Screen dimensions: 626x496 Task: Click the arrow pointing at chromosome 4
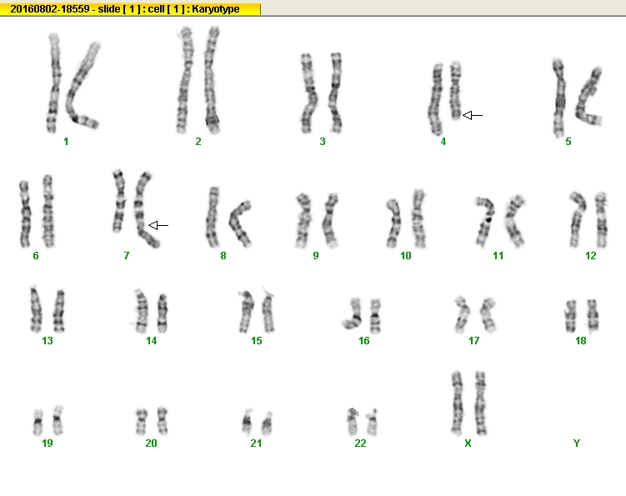pos(473,115)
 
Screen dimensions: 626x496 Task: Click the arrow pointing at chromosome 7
pos(158,226)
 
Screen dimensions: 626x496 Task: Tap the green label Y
pos(577,443)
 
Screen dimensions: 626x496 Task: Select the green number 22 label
pos(360,443)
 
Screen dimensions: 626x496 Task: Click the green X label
pos(468,443)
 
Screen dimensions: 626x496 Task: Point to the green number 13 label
pos(48,341)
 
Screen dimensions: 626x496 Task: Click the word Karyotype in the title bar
pos(216,9)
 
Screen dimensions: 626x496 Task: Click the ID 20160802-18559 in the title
pos(50,9)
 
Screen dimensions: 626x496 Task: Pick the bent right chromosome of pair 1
pos(81,86)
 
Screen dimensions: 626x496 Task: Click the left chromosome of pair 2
pos(184,80)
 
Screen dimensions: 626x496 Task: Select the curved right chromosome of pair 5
pos(588,97)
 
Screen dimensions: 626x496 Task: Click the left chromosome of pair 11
pos(485,221)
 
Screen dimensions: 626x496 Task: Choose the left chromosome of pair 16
pos(353,314)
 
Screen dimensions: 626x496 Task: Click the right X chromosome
pos(480,403)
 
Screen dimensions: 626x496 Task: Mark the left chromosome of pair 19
pos(38,422)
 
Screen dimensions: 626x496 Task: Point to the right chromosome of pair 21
pos(268,423)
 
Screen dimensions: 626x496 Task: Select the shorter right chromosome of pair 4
pos(455,91)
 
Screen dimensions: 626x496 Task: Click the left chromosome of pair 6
pos(25,214)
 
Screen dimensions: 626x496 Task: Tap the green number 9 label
pos(316,256)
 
